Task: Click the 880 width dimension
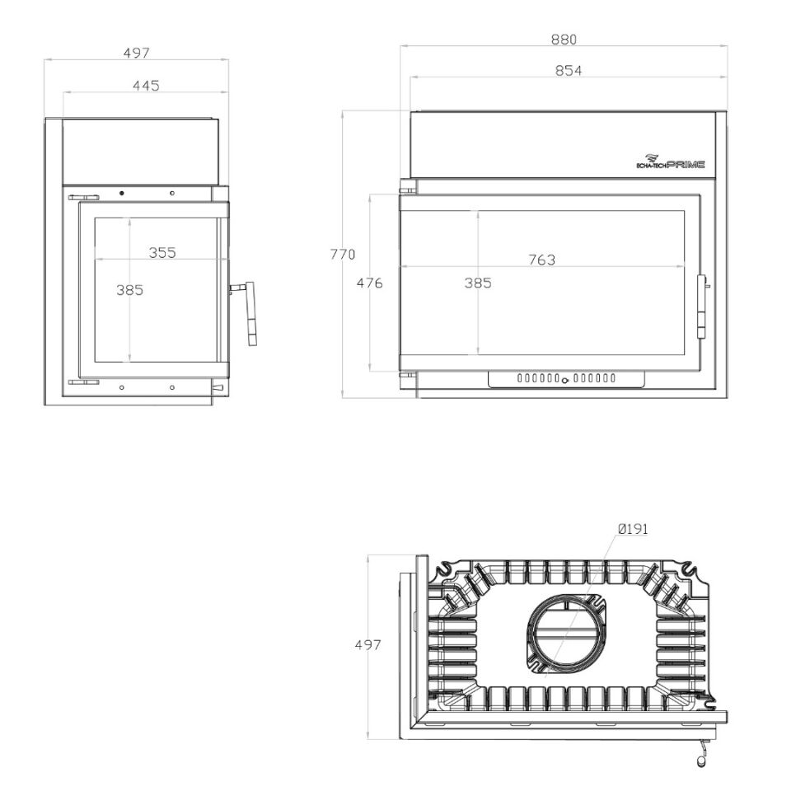click(564, 40)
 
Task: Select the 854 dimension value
click(569, 71)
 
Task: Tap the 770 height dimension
click(343, 255)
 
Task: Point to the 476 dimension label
click(370, 283)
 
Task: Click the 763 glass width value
click(542, 260)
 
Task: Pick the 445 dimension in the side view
click(147, 86)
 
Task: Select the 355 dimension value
click(162, 253)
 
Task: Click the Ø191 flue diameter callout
click(633, 529)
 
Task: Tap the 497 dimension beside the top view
click(368, 644)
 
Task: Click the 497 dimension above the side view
click(137, 53)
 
